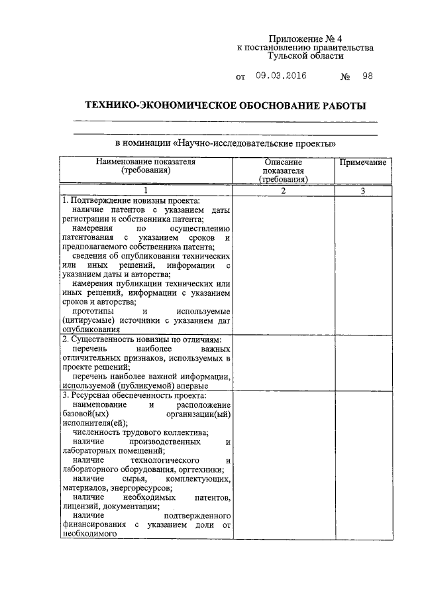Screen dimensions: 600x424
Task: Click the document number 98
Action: (x=367, y=76)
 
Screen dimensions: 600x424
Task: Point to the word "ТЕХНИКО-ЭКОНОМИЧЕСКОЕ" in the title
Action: (x=144, y=106)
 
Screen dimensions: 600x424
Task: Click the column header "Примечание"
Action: (x=362, y=162)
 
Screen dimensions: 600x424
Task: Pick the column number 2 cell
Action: (x=283, y=191)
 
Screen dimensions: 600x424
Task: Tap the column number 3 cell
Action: (x=362, y=191)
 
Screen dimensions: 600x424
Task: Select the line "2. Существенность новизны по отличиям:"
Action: (x=141, y=339)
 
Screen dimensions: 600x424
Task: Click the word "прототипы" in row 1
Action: (x=93, y=311)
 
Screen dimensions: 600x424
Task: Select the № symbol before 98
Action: (x=344, y=77)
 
